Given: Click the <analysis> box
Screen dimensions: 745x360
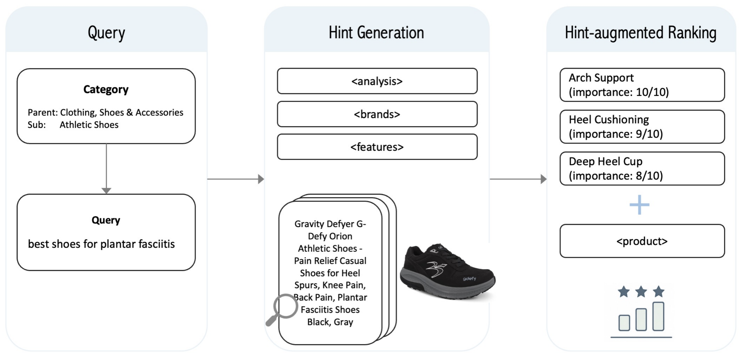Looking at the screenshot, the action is pos(377,81).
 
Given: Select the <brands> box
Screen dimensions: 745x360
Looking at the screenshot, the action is pos(377,114).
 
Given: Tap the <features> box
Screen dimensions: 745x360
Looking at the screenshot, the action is pos(377,147).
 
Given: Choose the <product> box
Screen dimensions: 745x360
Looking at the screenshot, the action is pos(642,241).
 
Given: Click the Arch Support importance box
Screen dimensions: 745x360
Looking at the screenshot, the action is pos(642,85).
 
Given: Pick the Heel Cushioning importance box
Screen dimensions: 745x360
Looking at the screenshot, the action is pos(642,127).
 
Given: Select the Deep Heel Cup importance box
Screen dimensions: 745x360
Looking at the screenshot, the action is pos(642,169).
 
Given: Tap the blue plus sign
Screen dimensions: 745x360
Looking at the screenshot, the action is pos(639,205).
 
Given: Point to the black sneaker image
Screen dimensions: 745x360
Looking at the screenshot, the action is pos(448,271).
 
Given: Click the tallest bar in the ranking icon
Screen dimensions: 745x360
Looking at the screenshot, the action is pos(658,316).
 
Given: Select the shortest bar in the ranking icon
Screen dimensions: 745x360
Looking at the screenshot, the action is pos(624,323).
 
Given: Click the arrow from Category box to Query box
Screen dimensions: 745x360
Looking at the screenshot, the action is pos(106,169).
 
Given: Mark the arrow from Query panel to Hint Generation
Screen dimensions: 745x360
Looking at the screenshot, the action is pos(236,179).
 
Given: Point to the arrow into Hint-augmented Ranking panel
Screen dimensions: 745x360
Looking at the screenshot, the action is pos(518,179).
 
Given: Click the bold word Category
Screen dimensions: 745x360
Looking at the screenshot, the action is pos(106,89).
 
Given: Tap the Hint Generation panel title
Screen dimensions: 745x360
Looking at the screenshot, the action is pos(376,33).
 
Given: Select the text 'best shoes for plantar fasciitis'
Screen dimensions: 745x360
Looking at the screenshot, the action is pos(101,244).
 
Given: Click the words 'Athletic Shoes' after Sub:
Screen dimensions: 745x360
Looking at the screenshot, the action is pos(89,125).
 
